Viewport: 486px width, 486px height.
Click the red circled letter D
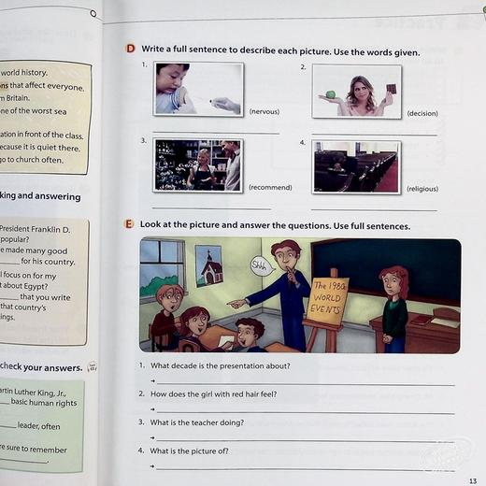point(130,50)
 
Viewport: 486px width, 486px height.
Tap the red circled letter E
point(130,225)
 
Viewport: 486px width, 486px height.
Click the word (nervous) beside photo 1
point(264,111)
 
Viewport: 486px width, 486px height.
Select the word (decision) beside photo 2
point(422,113)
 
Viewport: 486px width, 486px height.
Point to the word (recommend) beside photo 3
point(270,187)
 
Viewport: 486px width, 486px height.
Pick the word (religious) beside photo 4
point(422,188)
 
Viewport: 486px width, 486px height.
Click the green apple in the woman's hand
point(330,95)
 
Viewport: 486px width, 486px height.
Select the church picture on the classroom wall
point(208,266)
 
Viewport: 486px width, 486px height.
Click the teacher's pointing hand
point(234,303)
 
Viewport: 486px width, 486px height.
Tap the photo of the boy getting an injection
point(198,90)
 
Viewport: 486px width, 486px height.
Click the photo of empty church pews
point(356,167)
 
